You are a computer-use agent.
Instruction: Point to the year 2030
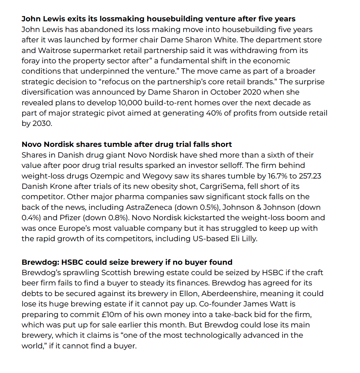click(43, 124)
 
